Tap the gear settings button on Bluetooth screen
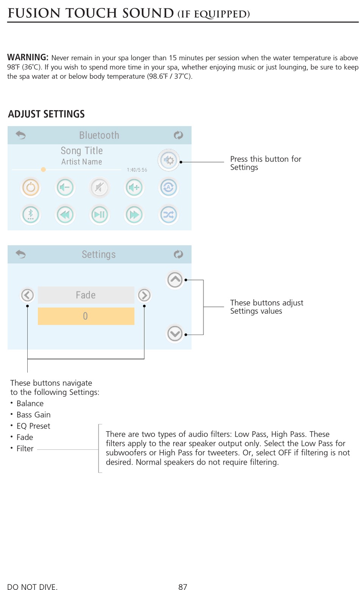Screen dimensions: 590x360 pyautogui.click(x=169, y=161)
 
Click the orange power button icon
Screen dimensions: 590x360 pyautogui.click(x=31, y=188)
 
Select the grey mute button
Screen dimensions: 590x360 pyautogui.click(x=99, y=188)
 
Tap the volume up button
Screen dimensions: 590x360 pyautogui.click(x=134, y=188)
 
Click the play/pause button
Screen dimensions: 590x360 pyautogui.click(x=99, y=215)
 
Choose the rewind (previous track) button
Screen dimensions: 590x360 pyautogui.click(x=65, y=215)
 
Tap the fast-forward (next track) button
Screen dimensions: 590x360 pyautogui.click(x=134, y=215)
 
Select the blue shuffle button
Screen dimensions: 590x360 pyautogui.click(x=169, y=215)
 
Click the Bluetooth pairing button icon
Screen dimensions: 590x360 pyautogui.click(x=31, y=215)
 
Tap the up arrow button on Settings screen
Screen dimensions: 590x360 pyautogui.click(x=175, y=280)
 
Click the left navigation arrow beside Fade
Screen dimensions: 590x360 pyautogui.click(x=27, y=295)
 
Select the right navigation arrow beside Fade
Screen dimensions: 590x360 pyautogui.click(x=144, y=295)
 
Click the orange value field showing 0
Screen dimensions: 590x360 pyautogui.click(x=86, y=316)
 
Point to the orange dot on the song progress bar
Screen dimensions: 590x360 pyautogui.click(x=44, y=169)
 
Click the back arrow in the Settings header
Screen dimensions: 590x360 pyautogui.click(x=21, y=254)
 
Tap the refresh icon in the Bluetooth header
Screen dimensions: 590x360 pyautogui.click(x=178, y=135)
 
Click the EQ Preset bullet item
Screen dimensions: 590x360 pyautogui.click(x=33, y=426)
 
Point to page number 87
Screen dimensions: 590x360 pyautogui.click(x=183, y=587)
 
